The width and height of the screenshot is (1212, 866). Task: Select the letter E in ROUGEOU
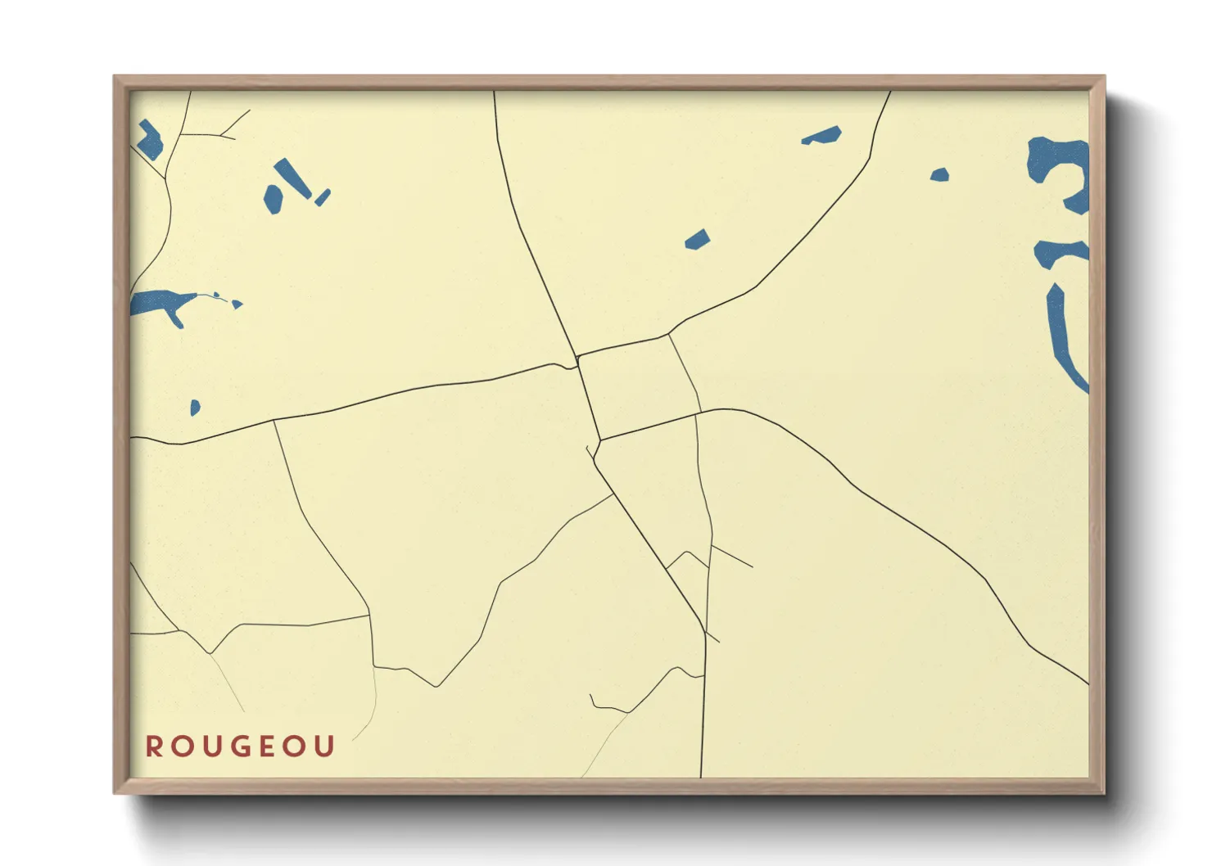pos(268,746)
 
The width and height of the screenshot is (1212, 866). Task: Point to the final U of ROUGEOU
pos(326,746)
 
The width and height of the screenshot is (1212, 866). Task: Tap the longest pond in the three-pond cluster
pos(292,178)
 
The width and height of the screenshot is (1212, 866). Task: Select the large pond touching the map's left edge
pos(161,304)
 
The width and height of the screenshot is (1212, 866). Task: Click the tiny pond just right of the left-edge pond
pos(237,304)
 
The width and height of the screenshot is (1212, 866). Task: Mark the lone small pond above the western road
pos(195,407)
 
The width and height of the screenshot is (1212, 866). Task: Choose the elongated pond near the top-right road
pos(822,136)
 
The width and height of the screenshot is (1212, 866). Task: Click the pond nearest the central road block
pos(698,240)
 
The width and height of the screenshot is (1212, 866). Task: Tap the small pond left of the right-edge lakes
pos(939,174)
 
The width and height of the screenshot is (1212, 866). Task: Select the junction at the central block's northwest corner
pos(577,357)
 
